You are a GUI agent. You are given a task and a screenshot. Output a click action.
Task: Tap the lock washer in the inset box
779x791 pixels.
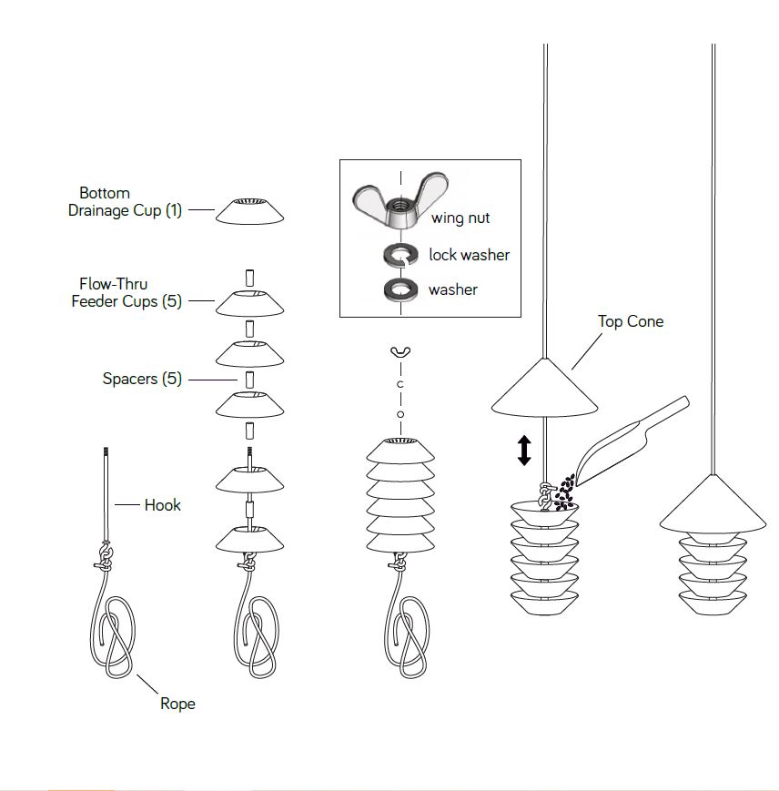pos(398,256)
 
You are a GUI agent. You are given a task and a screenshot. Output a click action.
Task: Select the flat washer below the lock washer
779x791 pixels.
pos(398,290)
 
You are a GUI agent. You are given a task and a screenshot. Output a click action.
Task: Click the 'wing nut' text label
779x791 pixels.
pos(461,218)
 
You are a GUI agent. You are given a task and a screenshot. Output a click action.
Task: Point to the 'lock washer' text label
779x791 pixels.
pos(469,255)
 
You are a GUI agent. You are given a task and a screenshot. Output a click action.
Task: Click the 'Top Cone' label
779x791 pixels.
pos(630,321)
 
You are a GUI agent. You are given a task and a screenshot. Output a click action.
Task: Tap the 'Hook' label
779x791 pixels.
pos(162,504)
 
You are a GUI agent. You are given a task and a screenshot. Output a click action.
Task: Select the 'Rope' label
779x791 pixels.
pos(177,704)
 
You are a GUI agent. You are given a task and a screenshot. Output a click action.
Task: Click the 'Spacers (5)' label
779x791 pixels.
pos(142,379)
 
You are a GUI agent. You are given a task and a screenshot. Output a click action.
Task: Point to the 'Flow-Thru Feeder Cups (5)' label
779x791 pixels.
pos(126,293)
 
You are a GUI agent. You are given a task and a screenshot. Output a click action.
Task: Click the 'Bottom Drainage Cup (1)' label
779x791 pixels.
pos(126,202)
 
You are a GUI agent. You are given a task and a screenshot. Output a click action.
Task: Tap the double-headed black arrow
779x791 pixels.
pos(524,451)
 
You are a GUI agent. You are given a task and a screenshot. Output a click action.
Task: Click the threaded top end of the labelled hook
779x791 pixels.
pos(106,451)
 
